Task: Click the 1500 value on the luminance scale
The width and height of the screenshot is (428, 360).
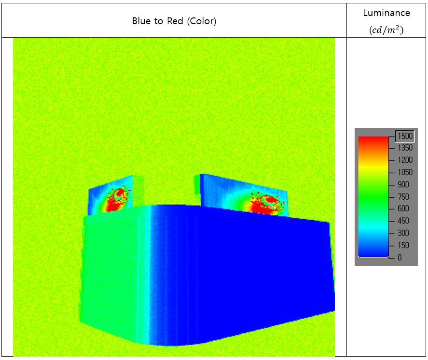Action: click(405, 136)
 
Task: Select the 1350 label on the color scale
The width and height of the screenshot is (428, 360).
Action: click(405, 148)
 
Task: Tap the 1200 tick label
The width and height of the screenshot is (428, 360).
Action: click(405, 160)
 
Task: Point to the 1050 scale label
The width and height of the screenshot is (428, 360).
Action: click(405, 172)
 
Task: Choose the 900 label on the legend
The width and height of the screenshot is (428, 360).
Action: click(403, 184)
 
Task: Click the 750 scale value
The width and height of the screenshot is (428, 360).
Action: click(403, 197)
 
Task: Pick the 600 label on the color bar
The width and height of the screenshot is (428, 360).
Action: click(403, 208)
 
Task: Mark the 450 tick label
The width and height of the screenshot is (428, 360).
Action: click(403, 221)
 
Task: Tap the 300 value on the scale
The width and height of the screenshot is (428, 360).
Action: click(403, 233)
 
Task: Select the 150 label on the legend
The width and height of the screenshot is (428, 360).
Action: click(403, 245)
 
